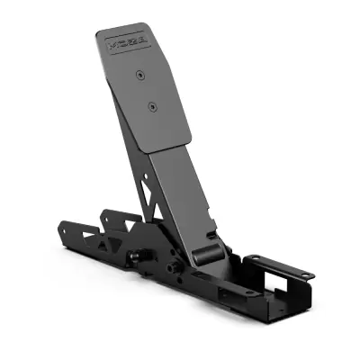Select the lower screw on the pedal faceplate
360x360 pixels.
click(x=152, y=106)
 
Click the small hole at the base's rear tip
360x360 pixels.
click(x=63, y=229)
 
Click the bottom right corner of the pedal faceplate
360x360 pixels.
click(x=189, y=138)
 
